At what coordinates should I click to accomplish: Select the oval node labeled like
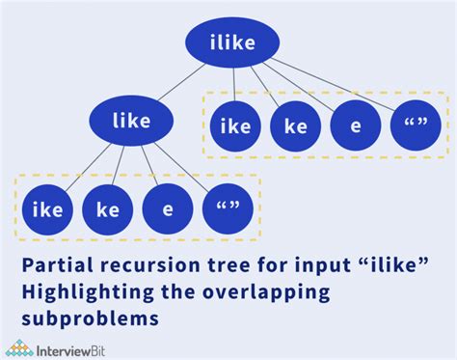pos(133,121)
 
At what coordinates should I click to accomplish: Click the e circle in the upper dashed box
pos(356,126)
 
